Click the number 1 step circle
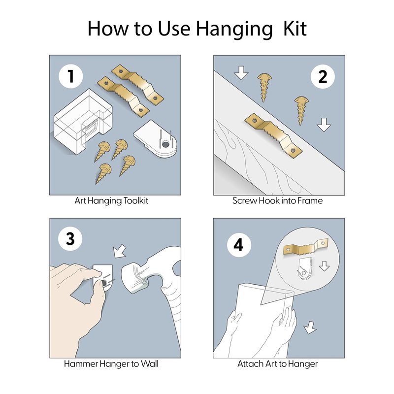pos(70,76)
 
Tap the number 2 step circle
pos(323,76)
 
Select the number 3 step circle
pos(70,238)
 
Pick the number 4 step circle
pos(239,245)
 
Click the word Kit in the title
pos(295,29)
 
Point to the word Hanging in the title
pos(234,30)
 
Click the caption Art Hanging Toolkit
pos(111,201)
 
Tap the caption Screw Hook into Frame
pos(277,201)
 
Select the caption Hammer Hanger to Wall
pos(111,363)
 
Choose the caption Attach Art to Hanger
pos(278,364)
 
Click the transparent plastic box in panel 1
pos(83,122)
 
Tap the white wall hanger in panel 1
pos(155,139)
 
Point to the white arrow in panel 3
pos(120,251)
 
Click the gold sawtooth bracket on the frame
pos(274,134)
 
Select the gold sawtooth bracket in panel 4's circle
pos(305,248)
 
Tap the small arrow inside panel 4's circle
pos(324,266)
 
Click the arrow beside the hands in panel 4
pos(310,328)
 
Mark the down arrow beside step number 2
pos(324,125)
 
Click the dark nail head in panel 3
pos(103,283)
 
